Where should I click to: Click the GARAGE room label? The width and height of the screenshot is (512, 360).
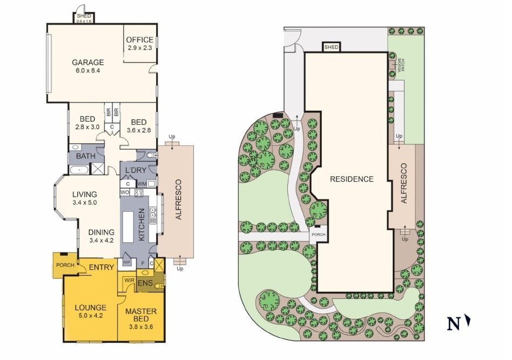coord(88,62)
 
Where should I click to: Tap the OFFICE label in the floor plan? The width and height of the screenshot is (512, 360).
coord(140,40)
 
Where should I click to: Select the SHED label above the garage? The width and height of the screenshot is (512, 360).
coord(84,16)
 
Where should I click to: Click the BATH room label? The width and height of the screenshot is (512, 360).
coord(85,156)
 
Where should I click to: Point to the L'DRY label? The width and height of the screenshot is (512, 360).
coord(136,170)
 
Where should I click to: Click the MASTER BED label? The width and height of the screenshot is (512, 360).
coord(141,315)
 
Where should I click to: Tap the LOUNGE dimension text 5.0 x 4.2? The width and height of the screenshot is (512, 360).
coord(90,316)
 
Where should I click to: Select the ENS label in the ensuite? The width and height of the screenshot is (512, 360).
coord(145,283)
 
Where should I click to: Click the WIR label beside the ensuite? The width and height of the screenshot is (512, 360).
coord(130,281)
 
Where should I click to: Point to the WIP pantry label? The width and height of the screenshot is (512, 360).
coord(127,262)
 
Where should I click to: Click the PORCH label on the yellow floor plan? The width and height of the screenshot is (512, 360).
coord(65,265)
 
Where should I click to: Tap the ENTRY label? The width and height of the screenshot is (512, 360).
coord(102,267)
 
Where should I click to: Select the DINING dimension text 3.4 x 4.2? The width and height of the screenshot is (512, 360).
coord(101,241)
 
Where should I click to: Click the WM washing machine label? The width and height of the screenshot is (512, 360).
coord(142,184)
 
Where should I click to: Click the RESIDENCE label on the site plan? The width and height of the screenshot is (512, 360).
coord(352,179)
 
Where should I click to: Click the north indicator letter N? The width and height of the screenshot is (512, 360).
coord(454,324)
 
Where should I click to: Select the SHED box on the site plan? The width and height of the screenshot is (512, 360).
coord(332,47)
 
